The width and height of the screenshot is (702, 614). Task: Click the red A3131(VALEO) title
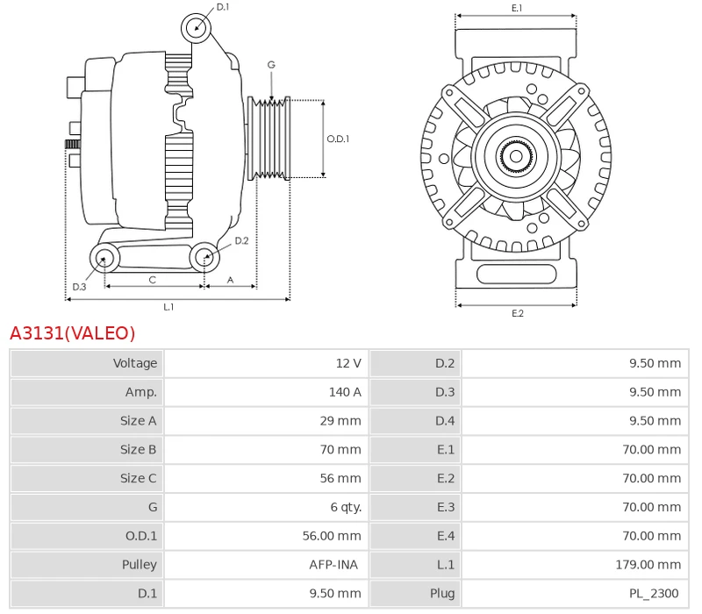73,333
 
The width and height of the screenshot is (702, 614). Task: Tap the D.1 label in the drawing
223,7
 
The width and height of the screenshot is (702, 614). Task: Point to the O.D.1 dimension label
338,139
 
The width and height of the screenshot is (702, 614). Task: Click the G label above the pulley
271,65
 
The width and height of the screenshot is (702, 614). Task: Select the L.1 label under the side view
168,307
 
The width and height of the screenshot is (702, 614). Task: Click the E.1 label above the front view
517,8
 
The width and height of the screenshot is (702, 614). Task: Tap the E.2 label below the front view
517,313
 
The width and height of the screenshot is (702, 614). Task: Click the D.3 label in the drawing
79,287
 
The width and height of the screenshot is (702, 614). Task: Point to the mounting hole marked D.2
204,257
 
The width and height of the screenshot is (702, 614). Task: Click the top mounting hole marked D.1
197,28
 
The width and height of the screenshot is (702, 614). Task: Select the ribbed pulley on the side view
270,138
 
